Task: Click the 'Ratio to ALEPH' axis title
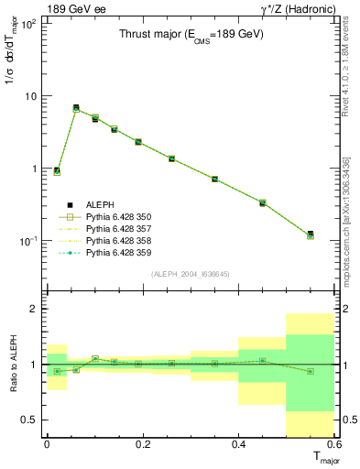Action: coord(12,364)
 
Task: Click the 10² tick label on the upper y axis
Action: coord(28,24)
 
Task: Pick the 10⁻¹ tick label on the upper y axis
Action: coord(28,241)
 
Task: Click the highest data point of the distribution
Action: coord(76,108)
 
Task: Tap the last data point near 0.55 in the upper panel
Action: coord(311,235)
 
